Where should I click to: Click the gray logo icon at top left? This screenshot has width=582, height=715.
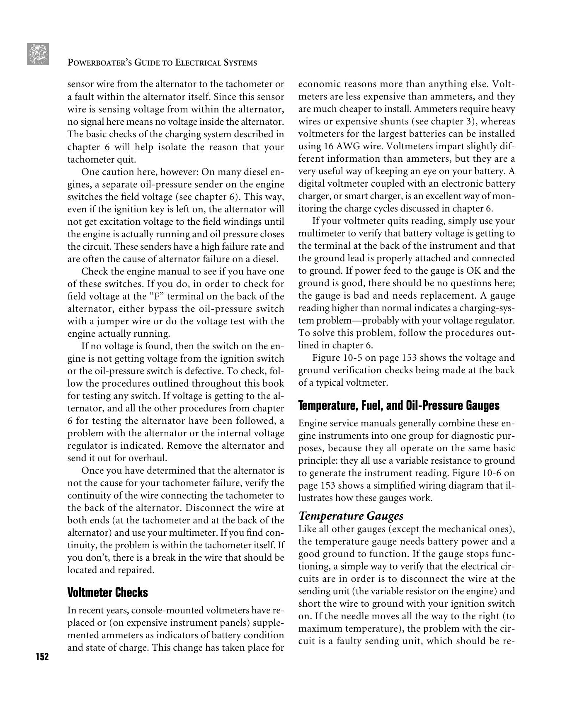(x=38, y=54)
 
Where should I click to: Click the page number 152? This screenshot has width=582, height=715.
(x=42, y=657)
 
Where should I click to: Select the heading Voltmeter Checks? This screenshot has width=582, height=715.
(x=107, y=592)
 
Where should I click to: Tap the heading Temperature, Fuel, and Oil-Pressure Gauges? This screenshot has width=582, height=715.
(x=399, y=405)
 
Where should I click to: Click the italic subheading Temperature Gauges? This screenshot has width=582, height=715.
(x=351, y=516)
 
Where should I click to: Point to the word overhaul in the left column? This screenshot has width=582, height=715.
(x=150, y=458)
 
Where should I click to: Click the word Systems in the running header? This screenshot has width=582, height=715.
(x=240, y=63)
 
